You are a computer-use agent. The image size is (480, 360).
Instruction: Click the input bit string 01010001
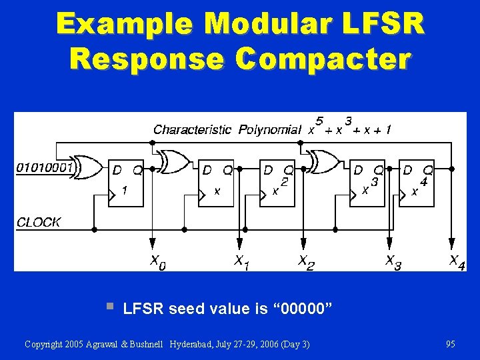click(x=44, y=168)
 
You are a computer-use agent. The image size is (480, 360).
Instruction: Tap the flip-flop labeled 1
click(x=127, y=183)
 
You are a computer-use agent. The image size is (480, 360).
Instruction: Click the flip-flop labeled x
click(x=216, y=183)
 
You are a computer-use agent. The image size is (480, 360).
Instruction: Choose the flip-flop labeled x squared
click(x=279, y=183)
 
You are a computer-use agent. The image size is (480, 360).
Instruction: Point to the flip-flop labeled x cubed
click(x=367, y=183)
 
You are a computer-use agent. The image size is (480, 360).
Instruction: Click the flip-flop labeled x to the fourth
click(x=417, y=183)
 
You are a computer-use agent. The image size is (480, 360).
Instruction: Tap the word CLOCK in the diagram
click(x=39, y=223)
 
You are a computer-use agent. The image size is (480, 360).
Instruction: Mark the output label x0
click(x=158, y=261)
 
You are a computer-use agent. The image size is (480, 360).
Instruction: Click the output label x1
click(x=242, y=261)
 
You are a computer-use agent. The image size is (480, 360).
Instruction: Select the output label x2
click(x=306, y=261)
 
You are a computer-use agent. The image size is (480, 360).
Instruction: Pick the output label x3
click(x=393, y=261)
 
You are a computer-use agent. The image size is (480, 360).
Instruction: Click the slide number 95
click(x=451, y=344)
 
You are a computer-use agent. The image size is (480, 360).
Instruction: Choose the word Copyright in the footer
click(x=45, y=344)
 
